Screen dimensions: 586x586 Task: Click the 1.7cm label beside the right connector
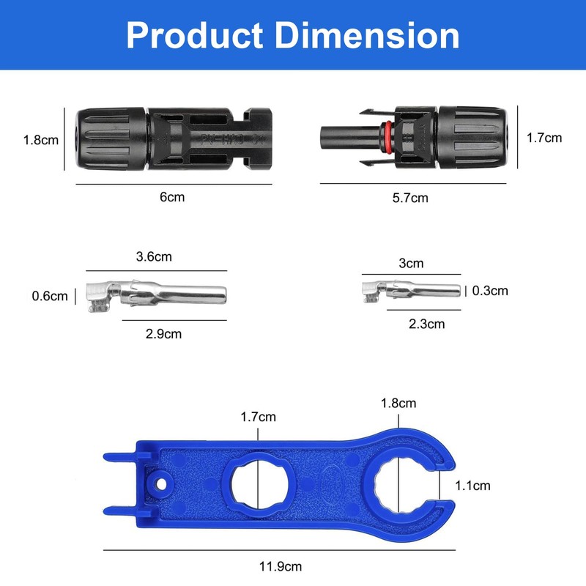tap(545, 137)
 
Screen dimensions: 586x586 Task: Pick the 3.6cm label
tap(155, 257)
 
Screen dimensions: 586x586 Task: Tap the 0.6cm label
tap(50, 296)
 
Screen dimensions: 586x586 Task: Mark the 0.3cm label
tap(489, 291)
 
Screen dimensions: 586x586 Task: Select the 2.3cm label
tap(426, 323)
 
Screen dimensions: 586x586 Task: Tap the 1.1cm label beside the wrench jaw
tap(472, 485)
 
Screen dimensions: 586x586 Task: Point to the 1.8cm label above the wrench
tap(398, 403)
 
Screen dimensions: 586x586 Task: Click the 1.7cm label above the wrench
tap(259, 417)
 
